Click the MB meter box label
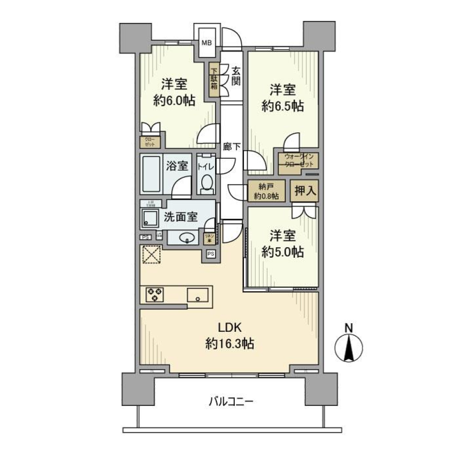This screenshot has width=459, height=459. click(x=206, y=43)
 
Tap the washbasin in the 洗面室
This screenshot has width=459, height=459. click(x=187, y=237)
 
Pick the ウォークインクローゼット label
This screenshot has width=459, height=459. click(x=299, y=161)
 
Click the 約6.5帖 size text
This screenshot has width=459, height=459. click(x=282, y=107)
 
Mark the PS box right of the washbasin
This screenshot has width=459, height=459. click(x=211, y=254)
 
